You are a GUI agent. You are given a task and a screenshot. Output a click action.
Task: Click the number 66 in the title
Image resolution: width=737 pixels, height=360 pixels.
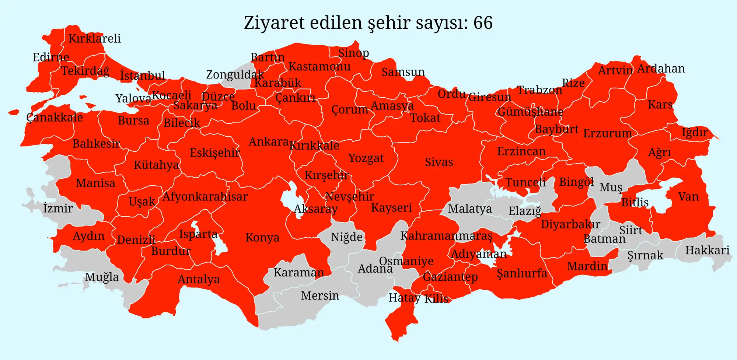coord(483,23)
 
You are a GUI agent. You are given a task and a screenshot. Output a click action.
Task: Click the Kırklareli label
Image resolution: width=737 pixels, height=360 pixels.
coord(94,39)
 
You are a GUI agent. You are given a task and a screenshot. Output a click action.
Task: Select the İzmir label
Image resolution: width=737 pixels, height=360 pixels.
coord(58,208)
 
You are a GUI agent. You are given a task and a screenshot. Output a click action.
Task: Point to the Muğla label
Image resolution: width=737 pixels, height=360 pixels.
coord(102,277)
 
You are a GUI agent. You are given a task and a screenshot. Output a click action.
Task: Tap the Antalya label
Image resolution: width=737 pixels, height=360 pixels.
coord(199,279)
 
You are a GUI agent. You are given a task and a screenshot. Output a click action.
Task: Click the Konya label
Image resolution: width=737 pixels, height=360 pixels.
coord(262,238)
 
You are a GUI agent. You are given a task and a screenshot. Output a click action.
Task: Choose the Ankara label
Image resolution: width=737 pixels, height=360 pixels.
coord(269,141)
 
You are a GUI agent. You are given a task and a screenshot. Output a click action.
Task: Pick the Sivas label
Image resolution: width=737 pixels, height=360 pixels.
coord(439,162)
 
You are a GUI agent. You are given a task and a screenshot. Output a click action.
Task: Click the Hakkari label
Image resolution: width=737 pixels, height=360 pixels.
coord(707,251)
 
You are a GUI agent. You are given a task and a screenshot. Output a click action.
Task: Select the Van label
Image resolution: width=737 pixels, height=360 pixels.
coord(688,197)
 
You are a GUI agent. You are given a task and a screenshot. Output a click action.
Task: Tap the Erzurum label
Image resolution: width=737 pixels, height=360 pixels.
coord(607,133)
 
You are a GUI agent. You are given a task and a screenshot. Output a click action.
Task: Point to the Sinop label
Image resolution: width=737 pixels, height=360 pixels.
coord(353,53)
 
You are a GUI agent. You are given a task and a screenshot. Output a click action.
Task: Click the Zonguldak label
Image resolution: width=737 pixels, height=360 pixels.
coord(235,75)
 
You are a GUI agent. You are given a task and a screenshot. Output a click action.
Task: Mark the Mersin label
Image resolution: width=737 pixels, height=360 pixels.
coord(320,296)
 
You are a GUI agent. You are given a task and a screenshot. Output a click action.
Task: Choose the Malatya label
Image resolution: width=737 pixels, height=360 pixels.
coord(469,209)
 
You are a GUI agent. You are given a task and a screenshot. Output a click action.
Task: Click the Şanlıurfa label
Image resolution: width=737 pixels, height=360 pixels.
coord(522,273)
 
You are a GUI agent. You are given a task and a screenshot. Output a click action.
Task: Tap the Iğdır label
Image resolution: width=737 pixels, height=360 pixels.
coord(695,132)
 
